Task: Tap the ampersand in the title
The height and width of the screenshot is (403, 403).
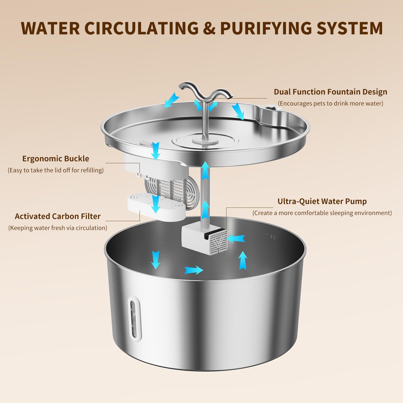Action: coord(209,28)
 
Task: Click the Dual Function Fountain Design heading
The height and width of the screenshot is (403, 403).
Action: coord(330,92)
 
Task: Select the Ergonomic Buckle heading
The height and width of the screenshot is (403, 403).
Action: coord(56,159)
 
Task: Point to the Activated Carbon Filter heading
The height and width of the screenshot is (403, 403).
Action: coord(57,216)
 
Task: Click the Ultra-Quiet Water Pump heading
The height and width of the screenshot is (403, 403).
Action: coord(322,201)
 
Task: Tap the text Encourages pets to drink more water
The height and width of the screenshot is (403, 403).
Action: coord(330,104)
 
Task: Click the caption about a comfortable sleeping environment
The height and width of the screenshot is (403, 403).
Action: coord(322,213)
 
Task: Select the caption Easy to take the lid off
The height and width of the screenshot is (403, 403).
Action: coord(56,170)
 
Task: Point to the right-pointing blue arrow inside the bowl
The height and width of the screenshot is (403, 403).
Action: coord(193,270)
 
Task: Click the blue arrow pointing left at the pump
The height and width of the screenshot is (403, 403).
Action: coord(236,239)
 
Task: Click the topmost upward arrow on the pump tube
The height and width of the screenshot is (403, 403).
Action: coord(206,170)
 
